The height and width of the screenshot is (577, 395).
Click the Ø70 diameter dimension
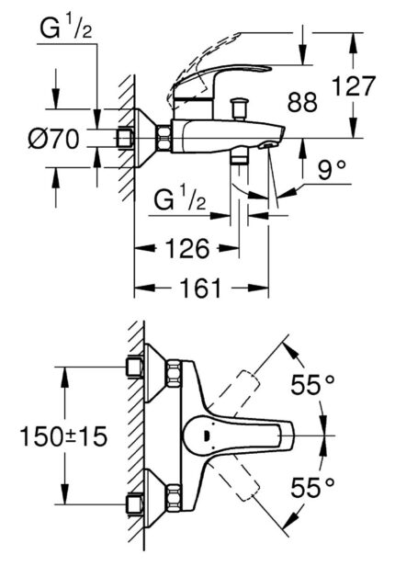tap(51, 140)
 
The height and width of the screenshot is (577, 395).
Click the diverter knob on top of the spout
tap(240, 106)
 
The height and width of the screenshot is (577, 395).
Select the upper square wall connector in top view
tap(136, 368)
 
